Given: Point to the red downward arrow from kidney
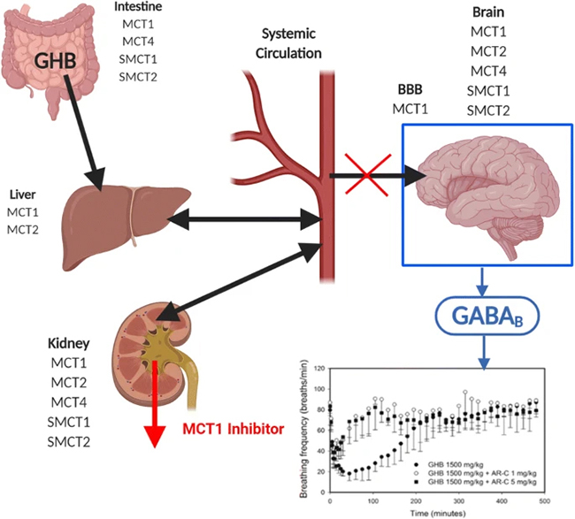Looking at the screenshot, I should coord(157,416).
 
